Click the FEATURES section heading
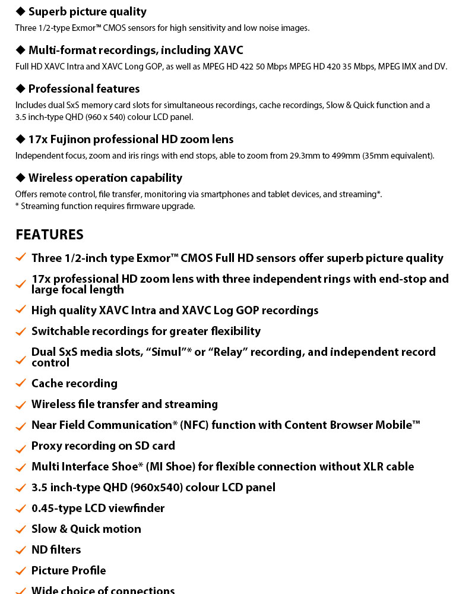click(x=49, y=235)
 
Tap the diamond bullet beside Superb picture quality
click(x=21, y=11)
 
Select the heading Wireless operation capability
click(x=105, y=178)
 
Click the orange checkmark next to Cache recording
click(x=21, y=384)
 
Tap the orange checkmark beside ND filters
click(x=21, y=550)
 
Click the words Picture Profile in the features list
click(x=68, y=571)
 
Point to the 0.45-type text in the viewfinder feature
click(x=56, y=508)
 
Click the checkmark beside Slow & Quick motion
click(x=21, y=529)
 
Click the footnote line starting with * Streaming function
click(x=105, y=206)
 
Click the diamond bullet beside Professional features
click(x=21, y=89)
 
